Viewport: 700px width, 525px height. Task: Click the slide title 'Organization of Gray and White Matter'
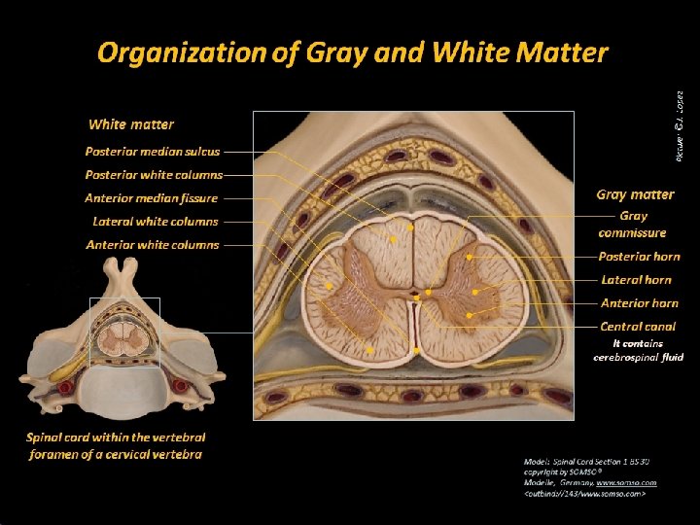tap(352, 52)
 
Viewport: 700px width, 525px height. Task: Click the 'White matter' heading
tap(131, 124)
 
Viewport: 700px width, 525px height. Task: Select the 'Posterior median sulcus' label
tap(153, 152)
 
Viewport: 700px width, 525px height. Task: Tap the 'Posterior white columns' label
tap(154, 175)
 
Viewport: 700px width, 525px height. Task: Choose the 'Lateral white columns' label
tap(156, 222)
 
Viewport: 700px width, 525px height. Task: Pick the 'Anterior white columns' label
tap(153, 245)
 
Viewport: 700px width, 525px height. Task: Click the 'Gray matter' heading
tap(635, 194)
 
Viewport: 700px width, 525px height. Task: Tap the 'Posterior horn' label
tap(639, 257)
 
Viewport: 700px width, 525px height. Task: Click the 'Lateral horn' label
tap(637, 280)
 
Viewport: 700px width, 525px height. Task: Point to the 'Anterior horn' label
tap(639, 303)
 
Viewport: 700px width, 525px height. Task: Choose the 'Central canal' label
tap(638, 327)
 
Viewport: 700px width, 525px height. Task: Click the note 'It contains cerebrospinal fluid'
tap(638, 350)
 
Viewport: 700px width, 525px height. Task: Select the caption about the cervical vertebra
tap(116, 446)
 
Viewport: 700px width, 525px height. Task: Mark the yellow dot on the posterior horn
tap(469, 257)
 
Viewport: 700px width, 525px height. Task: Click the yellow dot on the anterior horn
tap(469, 315)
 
